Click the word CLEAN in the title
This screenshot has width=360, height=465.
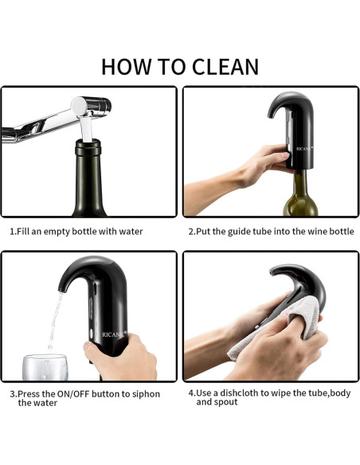[215, 66]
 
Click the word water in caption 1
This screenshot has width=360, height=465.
[129, 232]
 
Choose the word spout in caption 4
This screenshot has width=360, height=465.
[228, 403]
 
